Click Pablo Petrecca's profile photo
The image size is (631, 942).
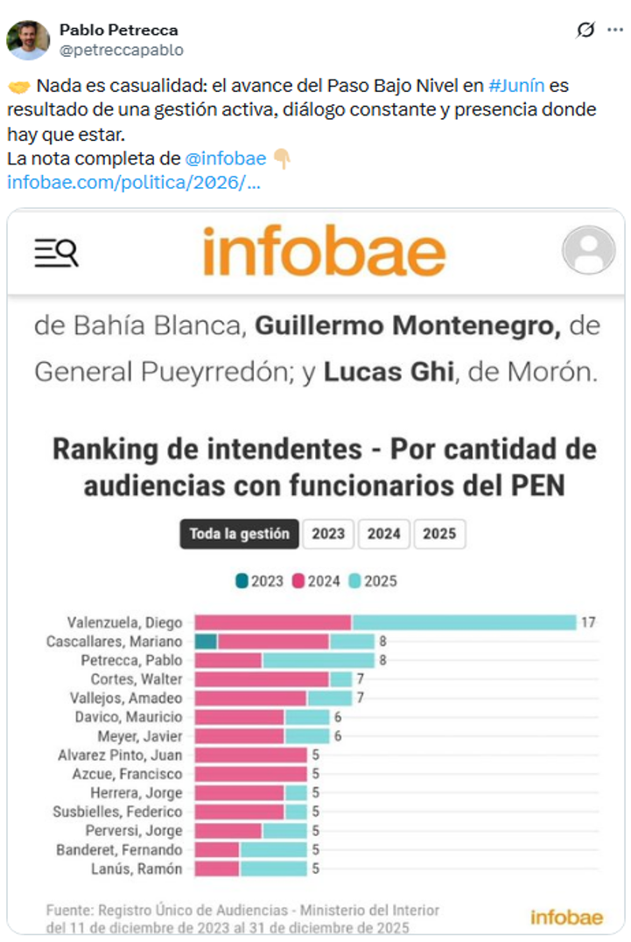[28, 39]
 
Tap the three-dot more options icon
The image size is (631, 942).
[614, 30]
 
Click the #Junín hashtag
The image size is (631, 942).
[516, 87]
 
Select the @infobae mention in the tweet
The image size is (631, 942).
[226, 158]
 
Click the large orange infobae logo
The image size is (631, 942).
[324, 251]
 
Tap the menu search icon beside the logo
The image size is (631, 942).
[56, 252]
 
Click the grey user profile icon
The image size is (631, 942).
[588, 251]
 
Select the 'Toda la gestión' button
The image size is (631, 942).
[239, 534]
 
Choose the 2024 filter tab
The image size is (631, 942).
[383, 534]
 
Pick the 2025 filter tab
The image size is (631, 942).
[439, 534]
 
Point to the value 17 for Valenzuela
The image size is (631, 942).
[588, 623]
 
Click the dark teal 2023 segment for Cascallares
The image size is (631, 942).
[206, 641]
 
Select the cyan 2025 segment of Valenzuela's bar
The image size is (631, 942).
[464, 623]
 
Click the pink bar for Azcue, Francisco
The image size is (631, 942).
[250, 774]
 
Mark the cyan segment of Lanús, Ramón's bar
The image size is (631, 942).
[273, 869]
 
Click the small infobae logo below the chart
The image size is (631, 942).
[566, 917]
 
